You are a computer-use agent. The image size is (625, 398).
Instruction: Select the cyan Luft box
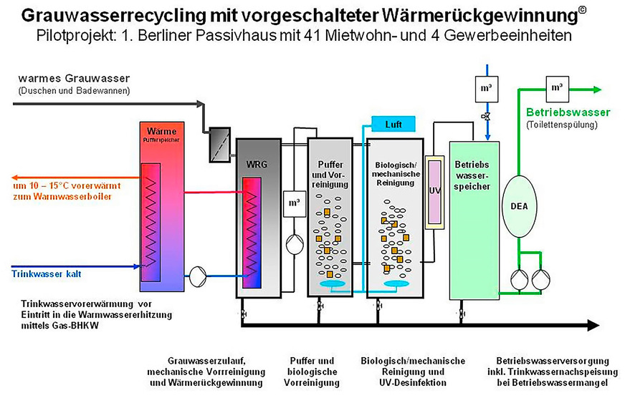pos(393,124)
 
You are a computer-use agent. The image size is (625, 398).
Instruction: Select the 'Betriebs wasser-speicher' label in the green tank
pos(472,175)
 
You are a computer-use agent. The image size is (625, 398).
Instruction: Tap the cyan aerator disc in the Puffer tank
pos(331,286)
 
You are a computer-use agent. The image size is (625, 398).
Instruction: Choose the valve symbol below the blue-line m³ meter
pos(485,115)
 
